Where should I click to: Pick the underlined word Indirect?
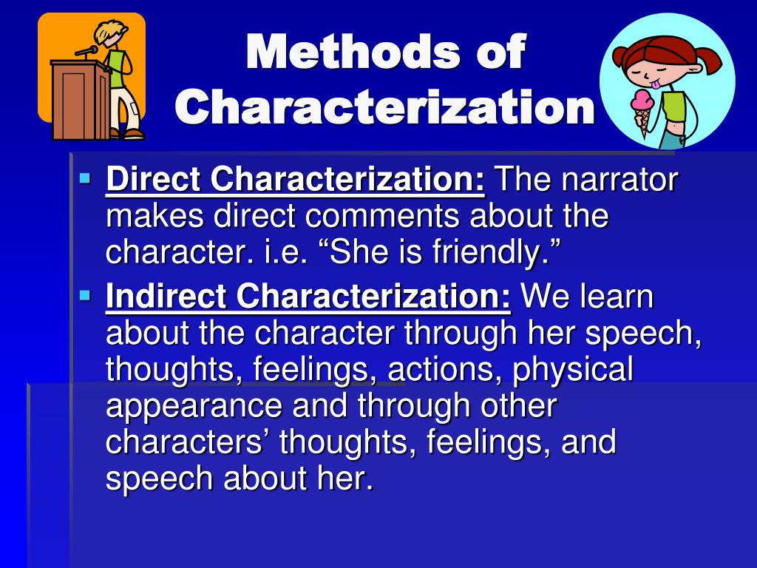[x=166, y=296]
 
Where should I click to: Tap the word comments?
[x=381, y=216]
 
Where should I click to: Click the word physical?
[x=573, y=370]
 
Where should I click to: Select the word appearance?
[x=194, y=408]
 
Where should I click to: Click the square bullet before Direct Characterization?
[x=85, y=179]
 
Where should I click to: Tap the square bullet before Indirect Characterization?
[x=85, y=295]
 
